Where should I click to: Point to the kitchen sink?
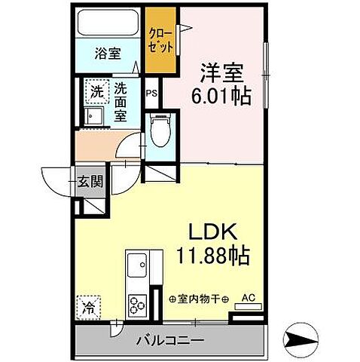138,265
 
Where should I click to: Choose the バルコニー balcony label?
169,341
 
